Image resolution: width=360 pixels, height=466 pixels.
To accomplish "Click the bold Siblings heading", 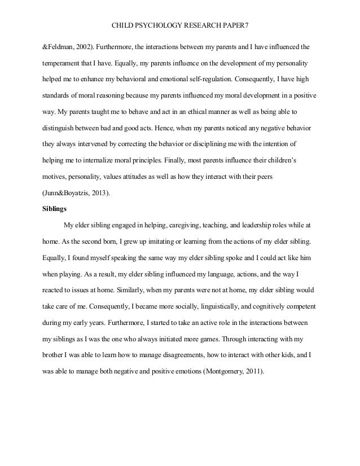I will coord(55,208).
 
